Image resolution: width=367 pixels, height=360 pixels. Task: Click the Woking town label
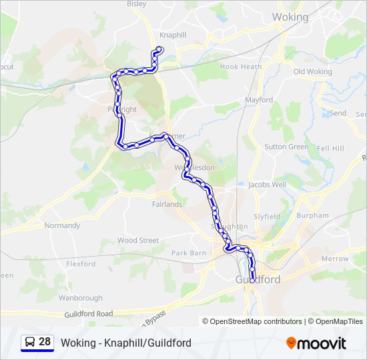tap(290, 17)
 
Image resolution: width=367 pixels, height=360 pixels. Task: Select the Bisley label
tap(136, 3)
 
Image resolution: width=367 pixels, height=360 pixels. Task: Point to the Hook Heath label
tap(241, 67)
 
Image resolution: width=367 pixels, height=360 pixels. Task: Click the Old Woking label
tap(312, 71)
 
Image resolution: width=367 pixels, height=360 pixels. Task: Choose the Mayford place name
tap(259, 100)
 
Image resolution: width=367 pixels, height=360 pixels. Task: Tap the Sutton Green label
tap(286, 147)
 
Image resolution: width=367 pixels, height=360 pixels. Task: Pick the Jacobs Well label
tap(267, 184)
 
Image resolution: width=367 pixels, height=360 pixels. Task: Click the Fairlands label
tap(167, 204)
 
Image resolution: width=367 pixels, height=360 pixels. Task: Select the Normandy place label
tap(62, 225)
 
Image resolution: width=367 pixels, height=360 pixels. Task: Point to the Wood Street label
tap(137, 240)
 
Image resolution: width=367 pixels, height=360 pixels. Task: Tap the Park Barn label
tap(189, 253)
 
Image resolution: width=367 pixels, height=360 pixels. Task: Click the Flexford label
tap(81, 264)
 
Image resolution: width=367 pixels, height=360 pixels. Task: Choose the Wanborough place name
tap(80, 298)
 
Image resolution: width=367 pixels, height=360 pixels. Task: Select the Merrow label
tap(335, 259)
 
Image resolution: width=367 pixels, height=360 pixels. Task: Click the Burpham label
tap(313, 215)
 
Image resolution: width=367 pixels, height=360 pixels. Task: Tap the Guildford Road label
tap(89, 313)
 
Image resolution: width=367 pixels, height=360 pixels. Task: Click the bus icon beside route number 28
tap(30, 343)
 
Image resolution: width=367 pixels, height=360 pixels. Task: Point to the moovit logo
tap(316, 343)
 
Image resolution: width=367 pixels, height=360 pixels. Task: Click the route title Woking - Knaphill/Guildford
tap(126, 343)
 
